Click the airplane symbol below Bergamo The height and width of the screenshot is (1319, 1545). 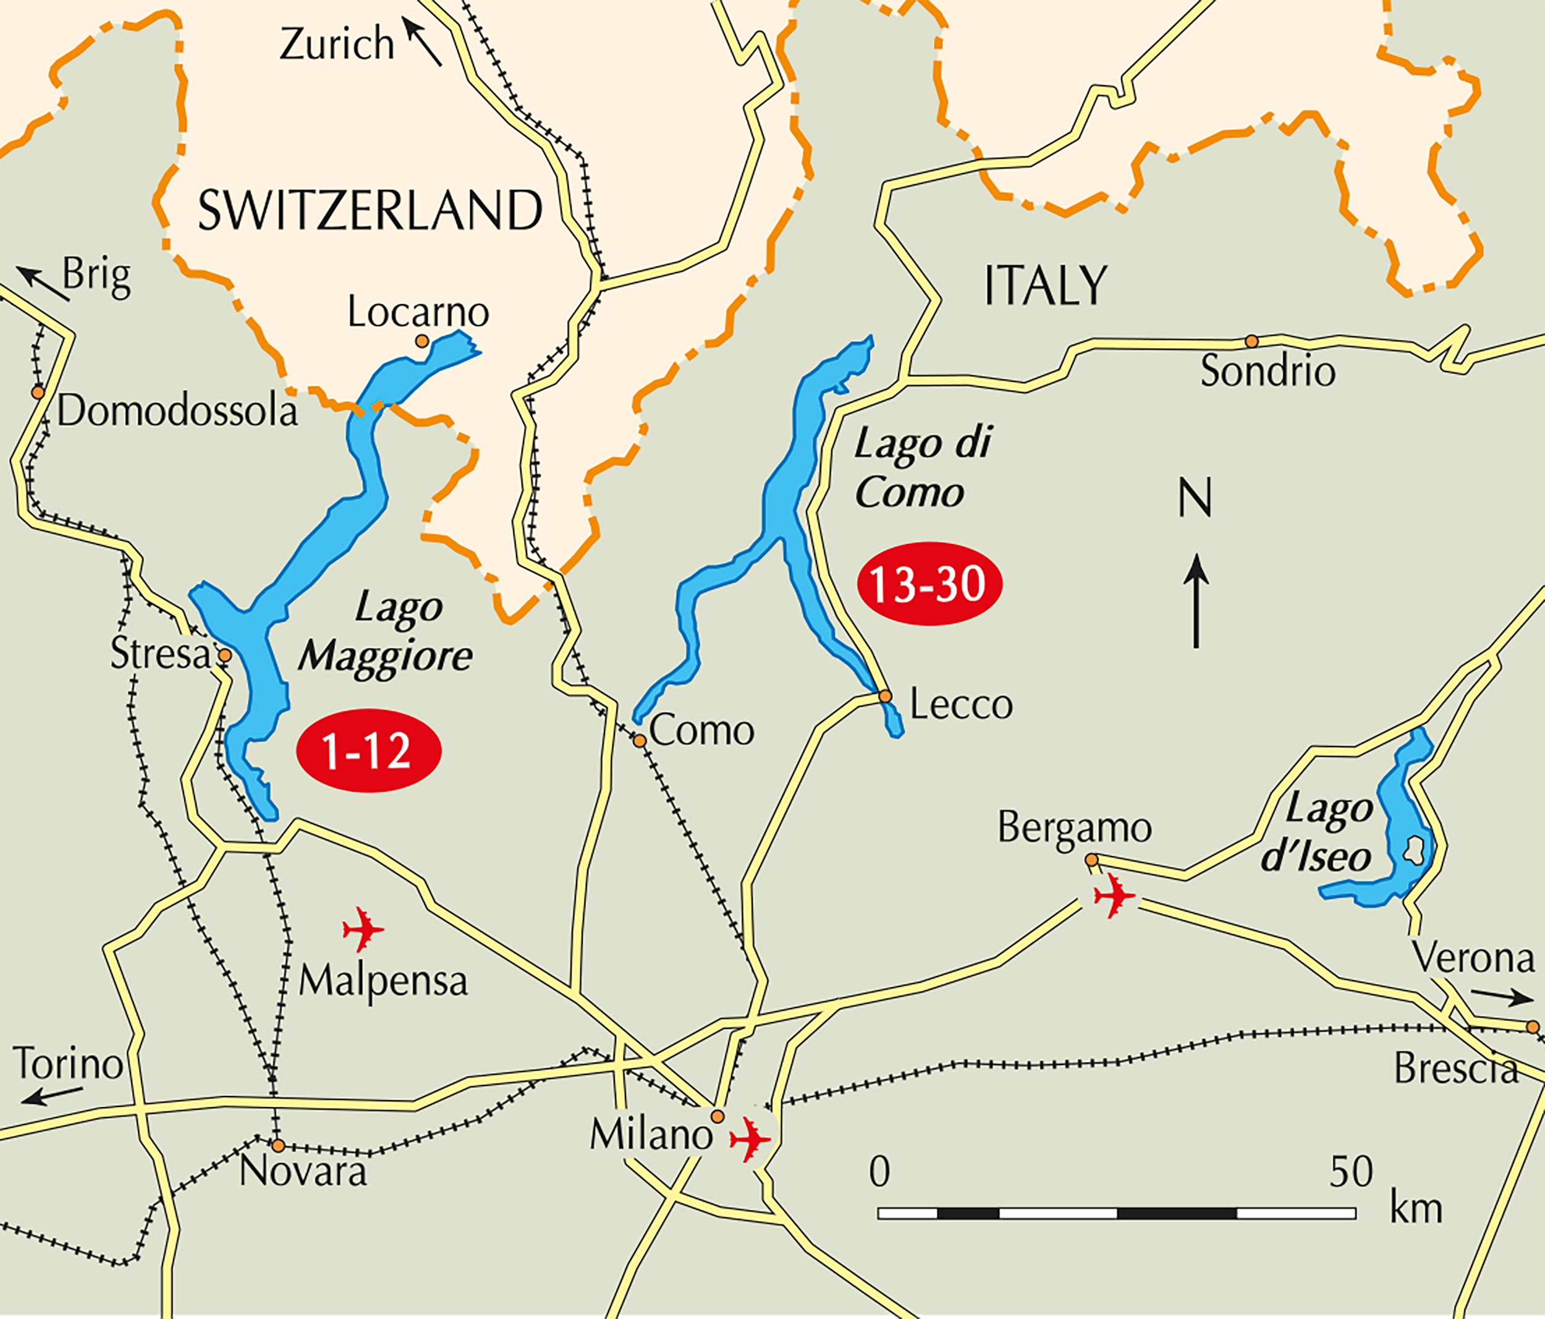coord(1114,895)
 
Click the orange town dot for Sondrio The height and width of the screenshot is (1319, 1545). coord(1252,341)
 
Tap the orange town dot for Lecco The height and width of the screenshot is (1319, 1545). coord(885,697)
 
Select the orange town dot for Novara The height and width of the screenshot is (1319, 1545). coord(277,1145)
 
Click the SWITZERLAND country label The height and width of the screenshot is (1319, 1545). coord(370,210)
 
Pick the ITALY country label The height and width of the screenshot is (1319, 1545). coord(1046,286)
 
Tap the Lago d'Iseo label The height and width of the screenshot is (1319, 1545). coord(1318,833)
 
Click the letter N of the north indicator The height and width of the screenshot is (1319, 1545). coord(1195,498)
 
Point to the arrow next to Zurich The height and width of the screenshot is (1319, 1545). coord(422,42)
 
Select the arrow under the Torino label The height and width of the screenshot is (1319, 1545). coord(51,1095)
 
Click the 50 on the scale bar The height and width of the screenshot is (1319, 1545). coord(1351,1172)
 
